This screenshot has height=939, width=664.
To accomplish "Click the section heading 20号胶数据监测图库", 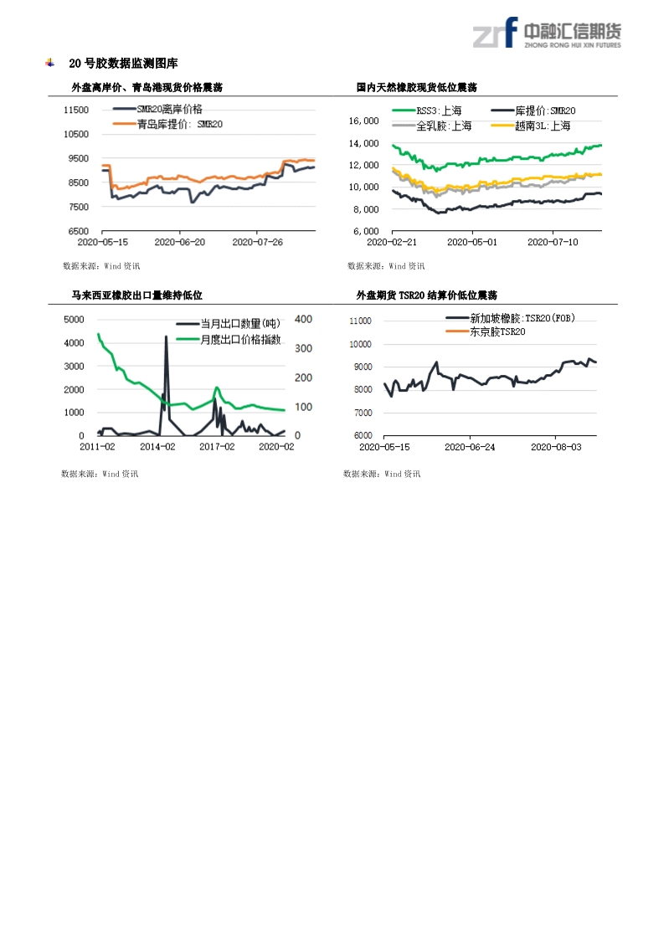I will (122, 64).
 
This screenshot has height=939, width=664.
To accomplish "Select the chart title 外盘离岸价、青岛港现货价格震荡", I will (147, 87).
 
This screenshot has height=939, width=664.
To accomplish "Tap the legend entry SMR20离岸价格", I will (168, 110).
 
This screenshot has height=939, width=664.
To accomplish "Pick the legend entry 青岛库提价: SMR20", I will (179, 124).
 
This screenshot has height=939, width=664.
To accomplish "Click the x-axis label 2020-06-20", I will (180, 242).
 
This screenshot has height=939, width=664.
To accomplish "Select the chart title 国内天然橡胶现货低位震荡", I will (416, 87).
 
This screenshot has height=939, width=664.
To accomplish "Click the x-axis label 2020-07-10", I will (553, 242).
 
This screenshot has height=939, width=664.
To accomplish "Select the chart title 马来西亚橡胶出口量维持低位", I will (136, 295).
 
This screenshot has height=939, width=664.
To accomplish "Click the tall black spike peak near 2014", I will (166, 337).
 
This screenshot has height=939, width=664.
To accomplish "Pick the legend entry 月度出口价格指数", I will (240, 340).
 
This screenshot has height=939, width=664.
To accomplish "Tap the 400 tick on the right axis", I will (304, 319).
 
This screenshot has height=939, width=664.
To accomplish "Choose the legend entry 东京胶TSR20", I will (497, 332).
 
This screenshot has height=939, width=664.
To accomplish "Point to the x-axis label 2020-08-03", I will (556, 447).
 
